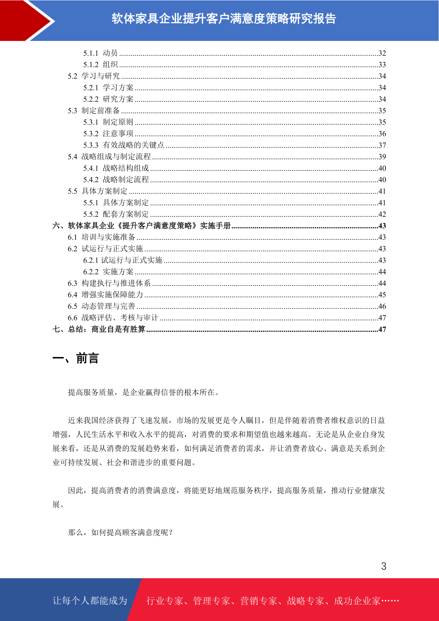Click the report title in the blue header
(x=224, y=19)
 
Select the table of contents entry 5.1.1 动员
(x=100, y=53)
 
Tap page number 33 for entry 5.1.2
(x=382, y=65)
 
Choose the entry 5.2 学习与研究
(x=94, y=76)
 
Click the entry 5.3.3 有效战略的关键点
(x=123, y=145)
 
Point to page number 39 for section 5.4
(x=382, y=157)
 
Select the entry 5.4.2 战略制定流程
(x=116, y=180)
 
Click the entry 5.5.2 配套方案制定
(x=116, y=214)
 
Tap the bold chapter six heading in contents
(x=142, y=226)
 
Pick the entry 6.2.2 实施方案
(x=108, y=272)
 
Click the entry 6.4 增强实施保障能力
(x=105, y=295)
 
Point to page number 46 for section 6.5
(x=382, y=306)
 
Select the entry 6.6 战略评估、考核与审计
(x=113, y=318)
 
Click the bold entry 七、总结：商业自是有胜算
(x=99, y=329)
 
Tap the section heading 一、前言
(x=76, y=358)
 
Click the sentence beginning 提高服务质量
(x=144, y=392)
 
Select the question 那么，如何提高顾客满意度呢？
(x=121, y=532)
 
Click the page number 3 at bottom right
(x=384, y=566)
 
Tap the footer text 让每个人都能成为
(x=90, y=601)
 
